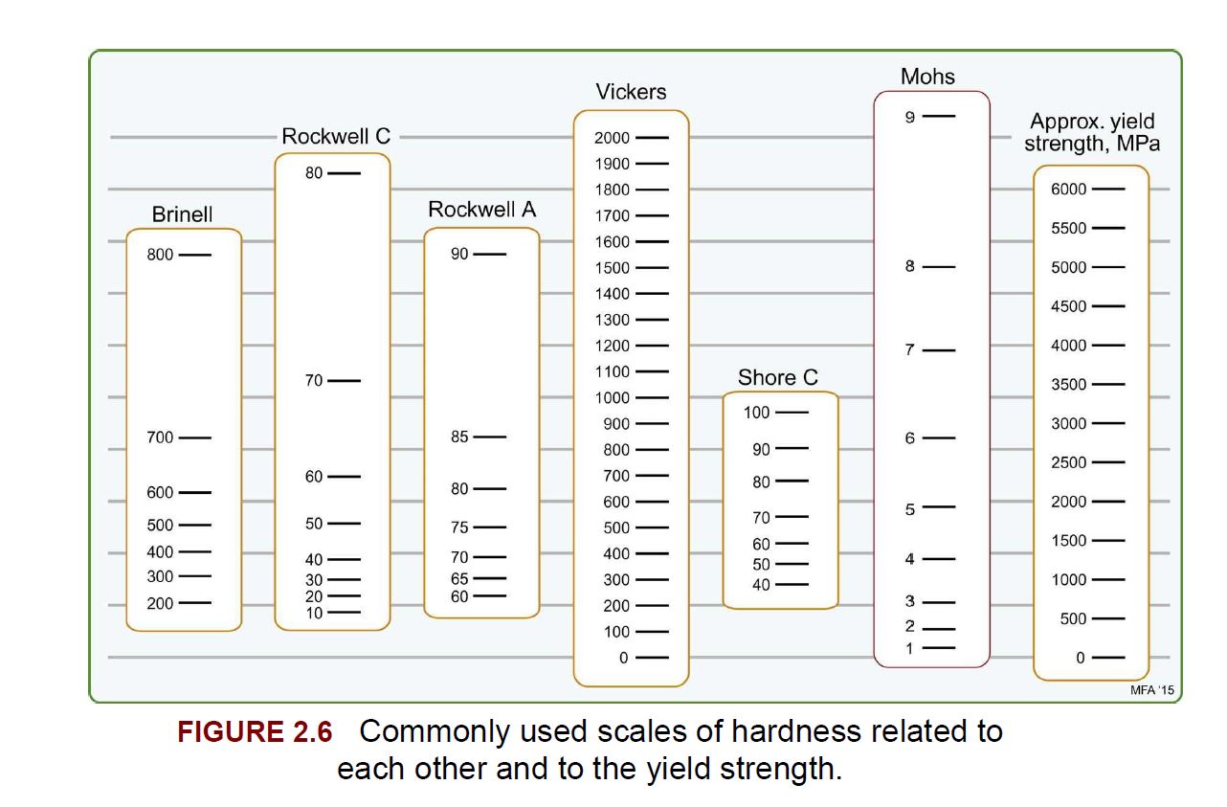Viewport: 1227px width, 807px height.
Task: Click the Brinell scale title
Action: click(x=182, y=214)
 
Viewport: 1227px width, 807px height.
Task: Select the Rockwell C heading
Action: click(x=336, y=137)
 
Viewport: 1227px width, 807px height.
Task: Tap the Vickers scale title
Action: click(x=631, y=92)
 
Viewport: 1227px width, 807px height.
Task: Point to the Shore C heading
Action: click(x=778, y=377)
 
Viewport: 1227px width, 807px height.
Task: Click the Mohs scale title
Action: click(x=928, y=77)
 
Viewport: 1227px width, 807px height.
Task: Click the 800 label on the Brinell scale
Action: click(x=160, y=255)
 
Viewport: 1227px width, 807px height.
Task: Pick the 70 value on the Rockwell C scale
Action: click(x=314, y=380)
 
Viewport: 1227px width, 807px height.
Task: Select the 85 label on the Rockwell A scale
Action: click(x=459, y=437)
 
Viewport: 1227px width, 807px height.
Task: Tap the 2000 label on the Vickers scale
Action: click(x=612, y=138)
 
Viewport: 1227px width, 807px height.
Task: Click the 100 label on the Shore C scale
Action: click(x=756, y=413)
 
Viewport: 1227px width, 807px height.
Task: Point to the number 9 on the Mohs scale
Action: click(x=910, y=117)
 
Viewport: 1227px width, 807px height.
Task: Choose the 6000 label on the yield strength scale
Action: click(x=1068, y=189)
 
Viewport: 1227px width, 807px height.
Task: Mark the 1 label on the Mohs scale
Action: click(x=910, y=649)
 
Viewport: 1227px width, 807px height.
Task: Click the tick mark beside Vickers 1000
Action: click(x=652, y=397)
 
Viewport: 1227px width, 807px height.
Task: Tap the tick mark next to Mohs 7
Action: click(x=939, y=350)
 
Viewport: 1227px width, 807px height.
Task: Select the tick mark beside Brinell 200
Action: click(x=195, y=603)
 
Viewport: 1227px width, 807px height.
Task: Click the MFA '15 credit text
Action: click(x=1152, y=690)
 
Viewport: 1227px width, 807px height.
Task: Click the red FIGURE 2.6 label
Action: click(x=255, y=732)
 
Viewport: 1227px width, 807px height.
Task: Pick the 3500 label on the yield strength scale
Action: click(x=1068, y=385)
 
